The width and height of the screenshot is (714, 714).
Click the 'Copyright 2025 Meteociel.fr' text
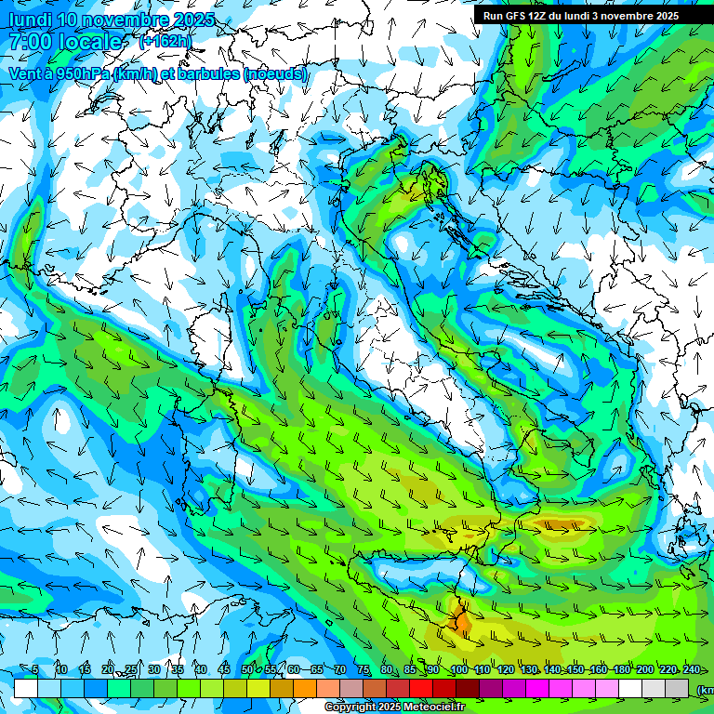pos(394,707)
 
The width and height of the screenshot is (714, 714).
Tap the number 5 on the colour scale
pos(35,669)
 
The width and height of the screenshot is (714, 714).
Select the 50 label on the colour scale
pos(246,669)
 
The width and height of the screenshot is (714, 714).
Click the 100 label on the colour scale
pos(458,669)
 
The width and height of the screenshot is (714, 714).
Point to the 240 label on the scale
pos(691,669)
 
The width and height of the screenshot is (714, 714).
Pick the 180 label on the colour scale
pos(621,669)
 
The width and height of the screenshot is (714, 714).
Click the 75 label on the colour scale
pos(364,669)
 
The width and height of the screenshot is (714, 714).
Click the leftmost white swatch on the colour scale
pos(26,688)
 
